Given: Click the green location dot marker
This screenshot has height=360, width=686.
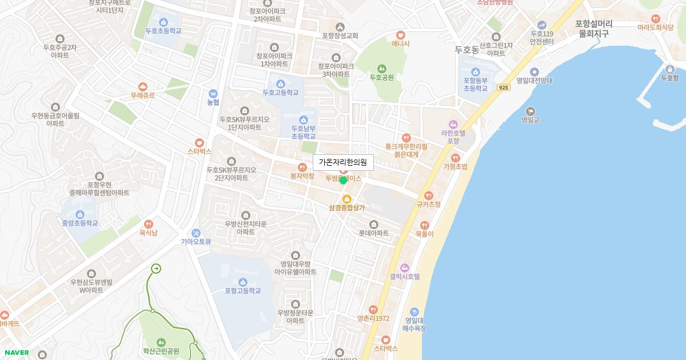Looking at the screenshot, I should tap(343, 181).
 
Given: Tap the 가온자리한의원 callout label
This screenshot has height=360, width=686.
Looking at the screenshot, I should tap(343, 163).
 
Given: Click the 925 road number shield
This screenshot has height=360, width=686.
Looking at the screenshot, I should tap(503, 87).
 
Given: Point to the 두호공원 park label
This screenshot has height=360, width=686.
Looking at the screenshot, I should tap(381, 77).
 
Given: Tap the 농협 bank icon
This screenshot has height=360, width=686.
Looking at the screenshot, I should tap(213, 93).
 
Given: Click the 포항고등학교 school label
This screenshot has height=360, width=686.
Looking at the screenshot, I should tap(242, 291).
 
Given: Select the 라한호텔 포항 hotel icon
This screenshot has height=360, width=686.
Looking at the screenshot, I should tap(453, 124).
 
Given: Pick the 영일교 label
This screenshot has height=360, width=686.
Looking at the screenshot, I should tap(531, 120).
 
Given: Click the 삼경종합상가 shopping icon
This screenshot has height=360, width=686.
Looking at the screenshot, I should tap(346, 198).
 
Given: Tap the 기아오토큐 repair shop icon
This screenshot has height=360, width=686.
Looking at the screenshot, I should tap(196, 233).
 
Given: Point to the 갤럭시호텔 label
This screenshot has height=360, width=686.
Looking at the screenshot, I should tap(405, 277).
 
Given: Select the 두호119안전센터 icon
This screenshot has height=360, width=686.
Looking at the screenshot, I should tap(541, 25).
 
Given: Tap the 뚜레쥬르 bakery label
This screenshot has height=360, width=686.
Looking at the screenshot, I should tap(142, 95).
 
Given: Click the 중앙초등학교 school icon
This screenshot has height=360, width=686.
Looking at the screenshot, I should tap(79, 214).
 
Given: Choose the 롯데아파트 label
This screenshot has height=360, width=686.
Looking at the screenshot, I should tap(373, 233).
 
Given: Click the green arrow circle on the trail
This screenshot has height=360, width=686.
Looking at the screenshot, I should tap(155, 269).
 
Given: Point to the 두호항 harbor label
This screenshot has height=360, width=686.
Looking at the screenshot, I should tap(669, 78).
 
